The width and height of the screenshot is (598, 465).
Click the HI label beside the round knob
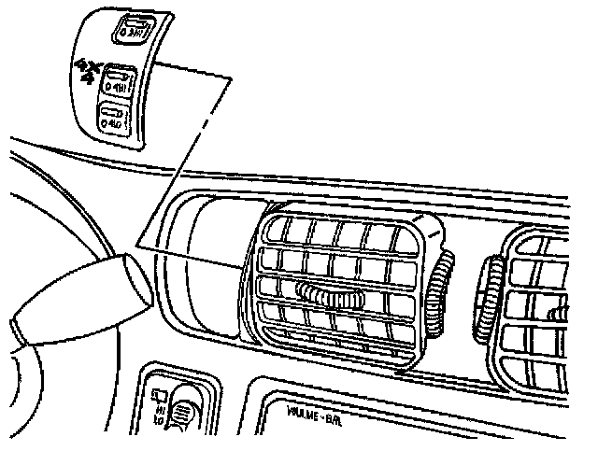click(x=160, y=408)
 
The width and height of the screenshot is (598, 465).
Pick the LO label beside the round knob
click(x=160, y=421)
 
